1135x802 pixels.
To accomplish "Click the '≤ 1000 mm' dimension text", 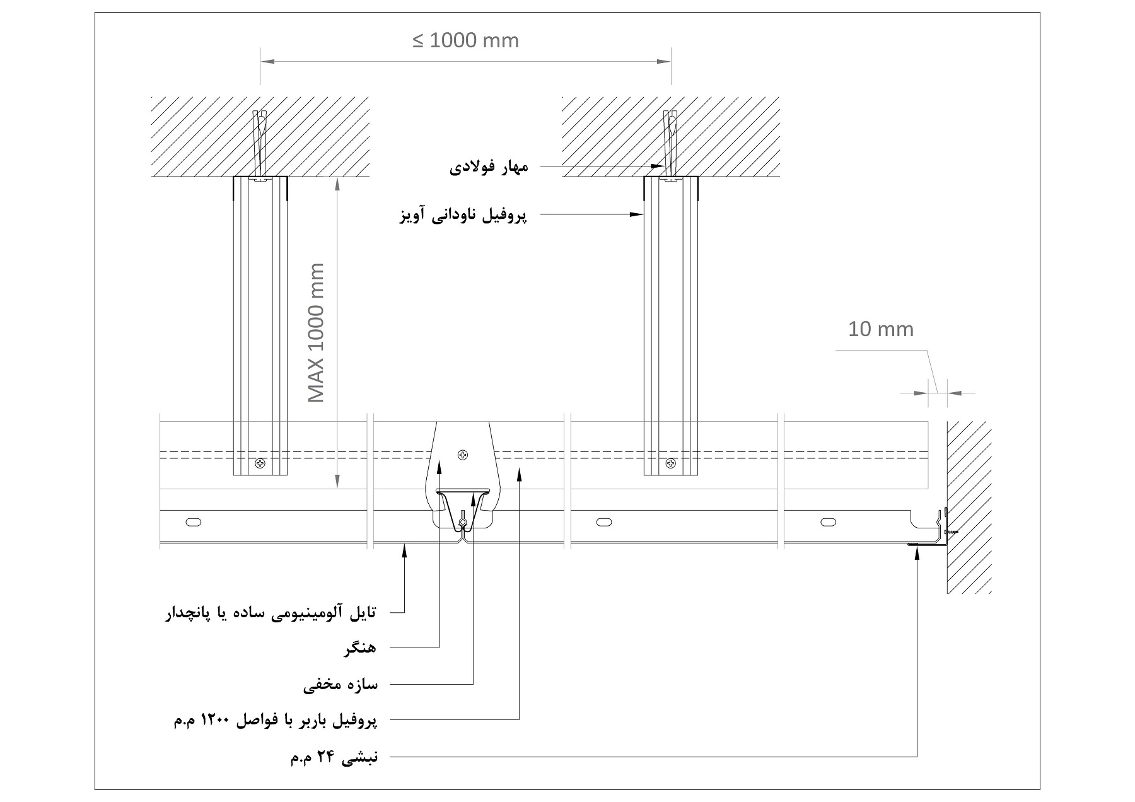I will [465, 41].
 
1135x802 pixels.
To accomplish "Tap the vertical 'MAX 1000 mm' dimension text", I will [316, 332].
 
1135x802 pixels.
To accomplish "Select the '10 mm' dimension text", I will [880, 329].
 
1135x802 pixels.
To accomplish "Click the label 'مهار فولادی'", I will [489, 167].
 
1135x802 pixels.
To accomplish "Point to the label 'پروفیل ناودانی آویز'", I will [463, 216].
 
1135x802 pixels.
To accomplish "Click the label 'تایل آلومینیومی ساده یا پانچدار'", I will [271, 613].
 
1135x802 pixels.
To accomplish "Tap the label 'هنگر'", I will [360, 649].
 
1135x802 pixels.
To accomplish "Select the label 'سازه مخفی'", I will [340, 685].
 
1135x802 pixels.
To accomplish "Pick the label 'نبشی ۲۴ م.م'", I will [334, 757].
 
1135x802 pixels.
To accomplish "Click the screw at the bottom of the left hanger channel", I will [260, 464].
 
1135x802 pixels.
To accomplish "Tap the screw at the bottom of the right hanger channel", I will [670, 464].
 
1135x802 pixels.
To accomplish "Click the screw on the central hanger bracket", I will [463, 454].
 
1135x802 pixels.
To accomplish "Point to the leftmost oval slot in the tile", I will [194, 521].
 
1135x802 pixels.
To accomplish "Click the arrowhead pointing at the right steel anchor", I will [658, 166].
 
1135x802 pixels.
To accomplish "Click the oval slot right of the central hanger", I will [604, 521].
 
